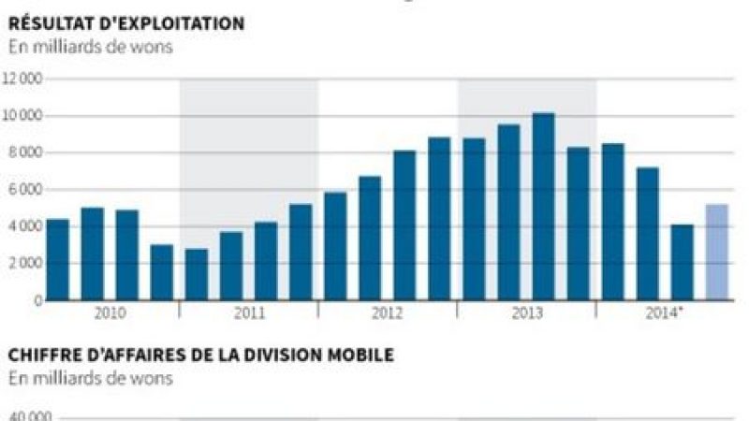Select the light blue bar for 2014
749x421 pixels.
(x=716, y=253)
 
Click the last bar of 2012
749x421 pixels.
(x=439, y=219)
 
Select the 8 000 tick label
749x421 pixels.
(x=26, y=152)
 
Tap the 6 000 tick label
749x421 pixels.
(x=26, y=190)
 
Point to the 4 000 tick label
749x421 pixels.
(x=26, y=226)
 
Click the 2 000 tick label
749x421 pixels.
(x=26, y=263)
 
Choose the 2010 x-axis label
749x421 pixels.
(x=110, y=312)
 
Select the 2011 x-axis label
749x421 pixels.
(x=249, y=312)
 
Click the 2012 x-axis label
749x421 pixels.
(x=388, y=312)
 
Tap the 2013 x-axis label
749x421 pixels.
(x=526, y=312)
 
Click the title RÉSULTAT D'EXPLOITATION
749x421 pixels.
(x=126, y=23)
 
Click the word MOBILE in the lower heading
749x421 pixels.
(x=361, y=356)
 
